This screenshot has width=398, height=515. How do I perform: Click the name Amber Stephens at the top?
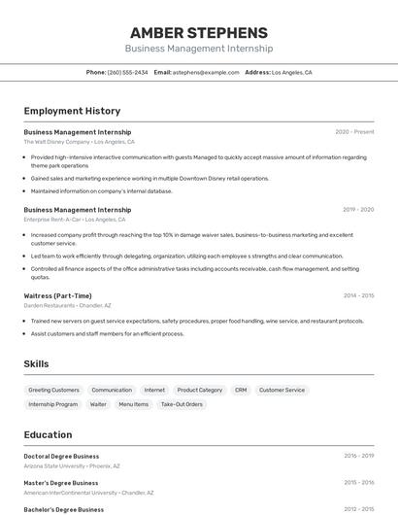[x=198, y=32]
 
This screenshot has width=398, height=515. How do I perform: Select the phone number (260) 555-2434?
[x=127, y=72]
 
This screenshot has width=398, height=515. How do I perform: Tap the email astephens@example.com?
[x=206, y=72]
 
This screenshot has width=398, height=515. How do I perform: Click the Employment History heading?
[x=72, y=111]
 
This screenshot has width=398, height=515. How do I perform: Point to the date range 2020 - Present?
[x=354, y=131]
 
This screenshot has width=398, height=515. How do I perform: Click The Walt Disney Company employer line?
[x=79, y=142]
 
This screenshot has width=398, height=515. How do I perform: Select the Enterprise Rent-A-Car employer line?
[x=75, y=220]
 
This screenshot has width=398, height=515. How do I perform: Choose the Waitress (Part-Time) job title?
[x=58, y=295]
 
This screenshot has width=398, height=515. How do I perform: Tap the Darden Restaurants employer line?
[x=67, y=305]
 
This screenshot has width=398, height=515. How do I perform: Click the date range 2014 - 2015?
[x=358, y=295]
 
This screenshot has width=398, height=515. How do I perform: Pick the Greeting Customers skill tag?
[x=53, y=390]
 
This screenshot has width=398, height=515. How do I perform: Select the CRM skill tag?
[x=241, y=390]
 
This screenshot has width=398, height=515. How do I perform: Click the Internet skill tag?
[x=154, y=390]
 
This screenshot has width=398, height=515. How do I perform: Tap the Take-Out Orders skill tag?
[x=182, y=404]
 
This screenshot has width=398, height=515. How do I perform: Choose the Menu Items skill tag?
[x=134, y=404]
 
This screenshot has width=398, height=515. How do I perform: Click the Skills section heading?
[x=37, y=363]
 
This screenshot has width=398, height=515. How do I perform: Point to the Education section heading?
[x=48, y=434]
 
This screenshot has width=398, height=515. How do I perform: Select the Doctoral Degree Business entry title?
[x=61, y=456]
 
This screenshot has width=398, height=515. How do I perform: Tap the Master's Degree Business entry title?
[x=61, y=483]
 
